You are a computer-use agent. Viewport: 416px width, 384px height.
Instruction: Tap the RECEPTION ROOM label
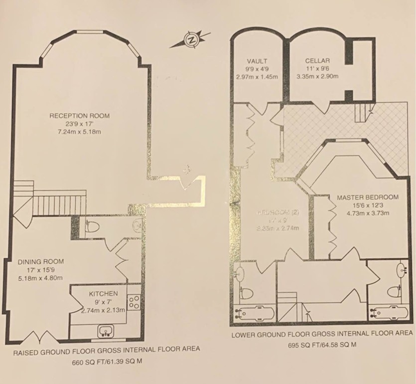(x=80, y=116)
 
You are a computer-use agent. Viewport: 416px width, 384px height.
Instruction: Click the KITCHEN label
(x=104, y=293)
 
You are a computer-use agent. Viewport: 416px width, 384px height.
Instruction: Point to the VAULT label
(x=256, y=60)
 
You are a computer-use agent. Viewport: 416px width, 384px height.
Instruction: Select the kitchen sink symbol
(x=106, y=330)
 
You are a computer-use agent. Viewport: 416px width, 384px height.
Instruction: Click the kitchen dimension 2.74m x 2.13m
(x=104, y=310)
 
